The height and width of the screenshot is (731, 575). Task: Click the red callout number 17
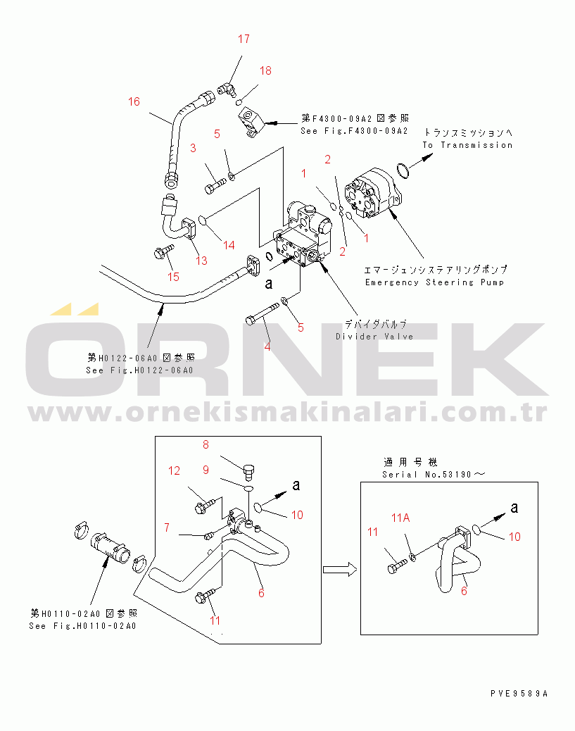point(244,39)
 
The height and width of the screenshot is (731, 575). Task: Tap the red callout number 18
point(265,71)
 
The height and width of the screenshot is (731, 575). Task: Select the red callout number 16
point(134,101)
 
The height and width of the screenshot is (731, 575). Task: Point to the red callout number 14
point(229,245)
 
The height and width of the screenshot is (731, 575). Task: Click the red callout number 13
point(201,261)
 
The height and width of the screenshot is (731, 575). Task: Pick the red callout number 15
point(173,277)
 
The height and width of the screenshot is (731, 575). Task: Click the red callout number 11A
point(400,518)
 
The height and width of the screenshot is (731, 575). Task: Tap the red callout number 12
point(175,471)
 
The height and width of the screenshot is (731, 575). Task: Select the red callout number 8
point(206,445)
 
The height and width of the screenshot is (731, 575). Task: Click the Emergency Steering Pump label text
point(434,282)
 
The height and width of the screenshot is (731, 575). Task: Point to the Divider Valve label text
point(374,337)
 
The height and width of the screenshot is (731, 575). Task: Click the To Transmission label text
point(467,145)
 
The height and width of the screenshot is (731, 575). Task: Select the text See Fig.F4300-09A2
point(354,131)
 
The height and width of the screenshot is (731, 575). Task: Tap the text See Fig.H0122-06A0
point(139,370)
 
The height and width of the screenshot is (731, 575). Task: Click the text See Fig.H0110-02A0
point(82,626)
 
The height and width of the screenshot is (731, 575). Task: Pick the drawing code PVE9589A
point(519,694)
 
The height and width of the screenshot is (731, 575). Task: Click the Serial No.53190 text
point(434,475)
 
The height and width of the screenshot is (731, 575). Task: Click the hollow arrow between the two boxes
point(340,570)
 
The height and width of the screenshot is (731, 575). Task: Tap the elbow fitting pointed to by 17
point(227,88)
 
